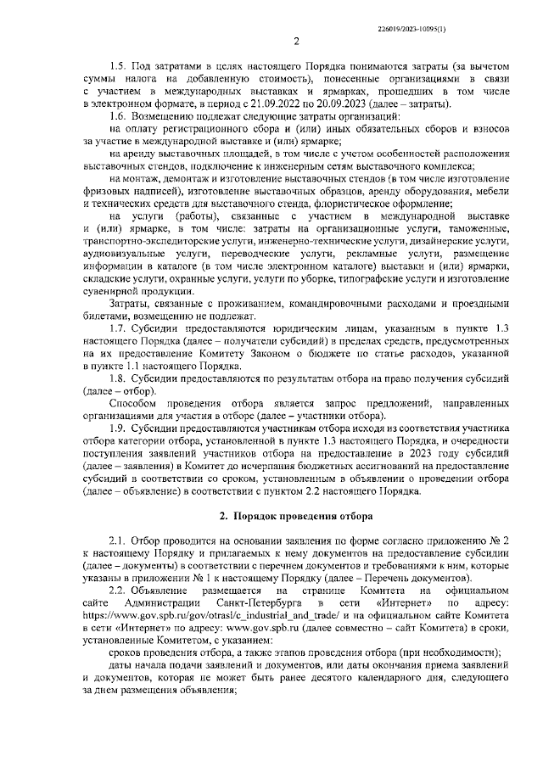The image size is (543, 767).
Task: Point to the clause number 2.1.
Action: (x=118, y=540)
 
